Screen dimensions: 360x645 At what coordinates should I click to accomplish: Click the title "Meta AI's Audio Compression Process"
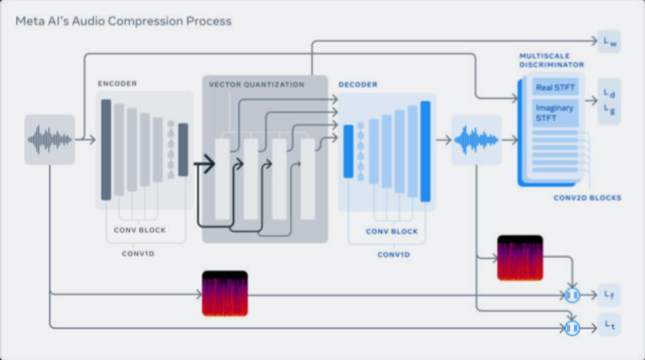click(x=123, y=21)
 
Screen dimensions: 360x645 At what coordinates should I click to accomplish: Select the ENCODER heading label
click(x=117, y=83)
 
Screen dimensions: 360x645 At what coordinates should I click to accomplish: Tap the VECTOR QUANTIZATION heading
click(x=256, y=84)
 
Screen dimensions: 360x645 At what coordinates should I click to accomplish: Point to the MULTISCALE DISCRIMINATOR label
click(x=552, y=60)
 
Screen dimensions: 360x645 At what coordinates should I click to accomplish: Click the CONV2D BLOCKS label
click(x=588, y=198)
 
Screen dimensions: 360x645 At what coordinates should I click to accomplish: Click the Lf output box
click(x=609, y=295)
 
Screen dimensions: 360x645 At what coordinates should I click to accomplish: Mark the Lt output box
click(x=609, y=327)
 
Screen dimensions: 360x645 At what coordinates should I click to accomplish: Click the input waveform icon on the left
click(x=49, y=139)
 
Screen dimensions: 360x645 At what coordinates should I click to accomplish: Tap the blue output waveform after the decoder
click(x=476, y=139)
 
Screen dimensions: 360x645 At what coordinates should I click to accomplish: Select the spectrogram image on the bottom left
click(x=225, y=293)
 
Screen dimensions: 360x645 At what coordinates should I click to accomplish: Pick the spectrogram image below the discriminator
click(x=520, y=257)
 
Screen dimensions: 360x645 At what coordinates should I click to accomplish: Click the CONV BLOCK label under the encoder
click(x=139, y=231)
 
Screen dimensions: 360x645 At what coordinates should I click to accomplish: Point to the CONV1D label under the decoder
click(x=393, y=254)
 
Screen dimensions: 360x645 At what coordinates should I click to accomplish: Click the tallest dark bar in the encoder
click(x=106, y=150)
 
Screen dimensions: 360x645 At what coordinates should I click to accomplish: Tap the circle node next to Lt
click(x=572, y=327)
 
